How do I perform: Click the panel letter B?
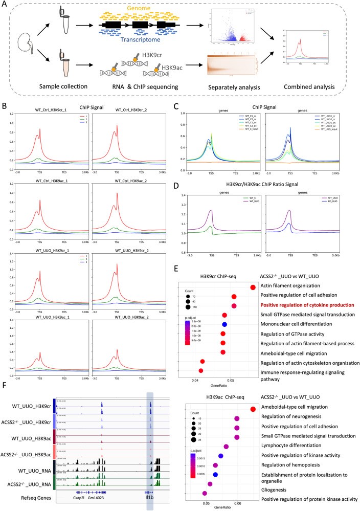point(5,121)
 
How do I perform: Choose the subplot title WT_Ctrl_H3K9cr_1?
point(51,124)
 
